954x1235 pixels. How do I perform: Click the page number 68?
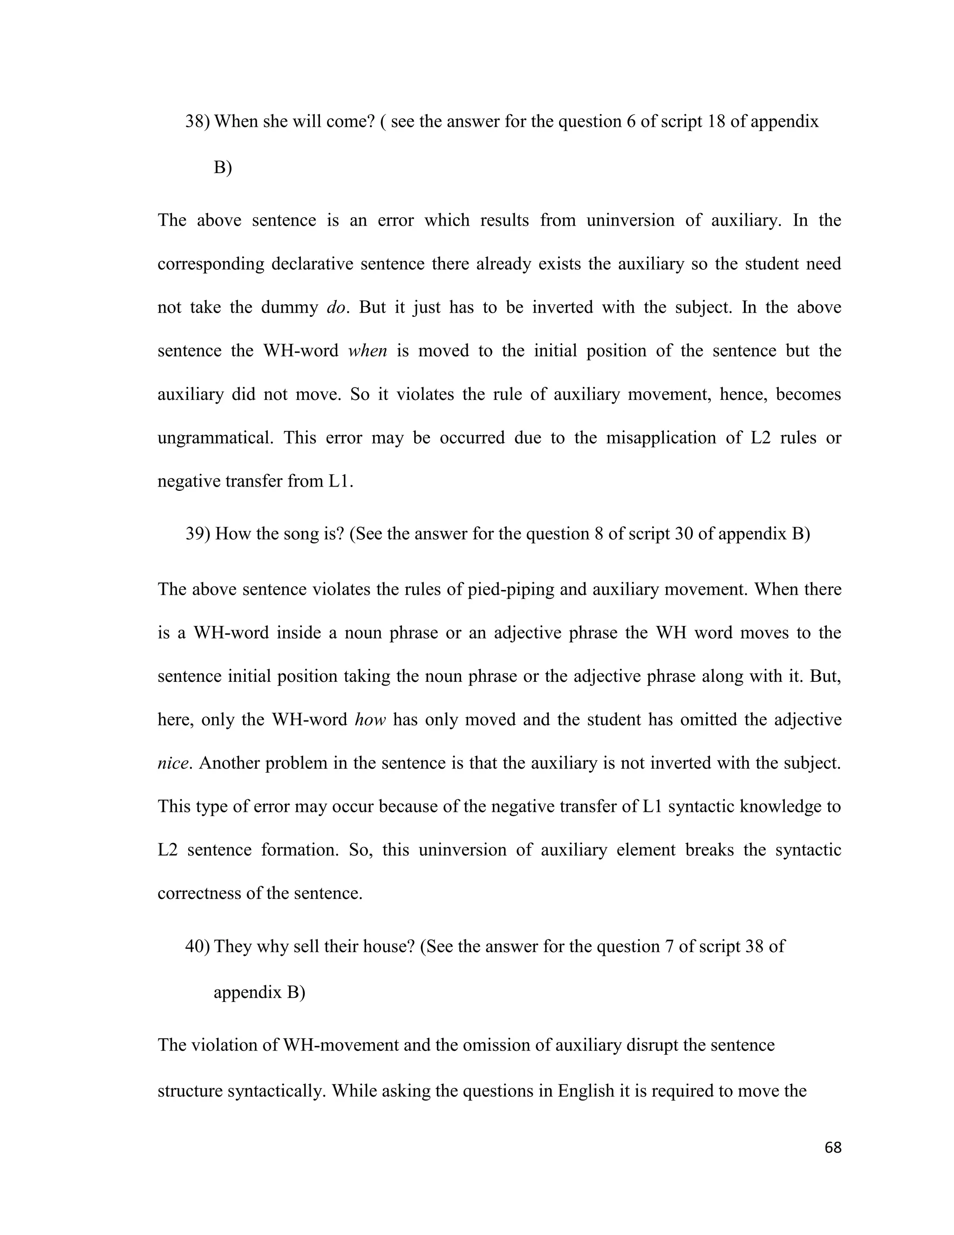click(833, 1147)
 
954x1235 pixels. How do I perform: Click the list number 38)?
click(198, 122)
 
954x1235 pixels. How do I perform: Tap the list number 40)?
click(198, 947)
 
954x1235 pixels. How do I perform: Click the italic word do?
click(336, 308)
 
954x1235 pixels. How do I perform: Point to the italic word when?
click(368, 351)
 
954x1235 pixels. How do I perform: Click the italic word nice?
click(172, 763)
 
